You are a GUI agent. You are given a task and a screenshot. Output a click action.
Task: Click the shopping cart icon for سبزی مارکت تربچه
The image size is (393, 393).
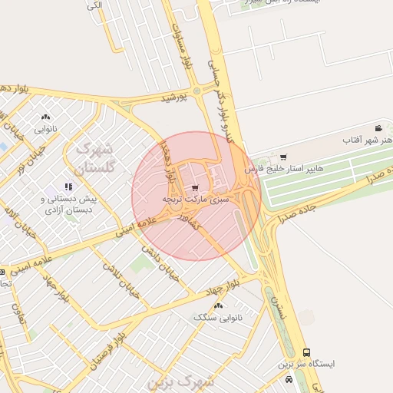click(x=196, y=187)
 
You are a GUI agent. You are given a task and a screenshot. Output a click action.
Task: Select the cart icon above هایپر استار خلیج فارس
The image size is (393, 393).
click(x=284, y=157)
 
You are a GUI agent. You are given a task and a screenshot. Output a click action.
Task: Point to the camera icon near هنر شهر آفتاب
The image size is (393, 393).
click(x=378, y=128)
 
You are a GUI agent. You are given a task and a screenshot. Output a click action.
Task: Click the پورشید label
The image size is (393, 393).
click(x=173, y=98)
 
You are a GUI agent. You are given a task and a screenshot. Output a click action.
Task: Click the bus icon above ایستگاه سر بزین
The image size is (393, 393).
click(x=307, y=352)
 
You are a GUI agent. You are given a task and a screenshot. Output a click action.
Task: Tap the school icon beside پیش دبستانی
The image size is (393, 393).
click(x=68, y=186)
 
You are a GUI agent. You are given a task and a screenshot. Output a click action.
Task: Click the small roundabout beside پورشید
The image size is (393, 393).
click(x=196, y=91)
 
